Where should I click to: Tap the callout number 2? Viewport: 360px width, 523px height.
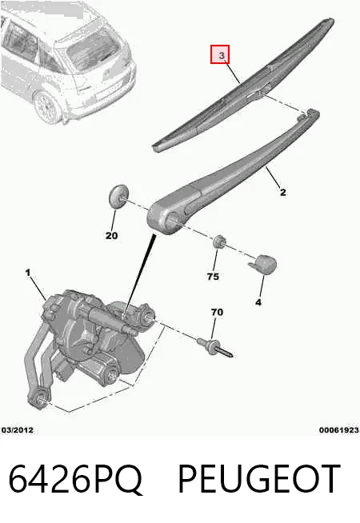(282, 193)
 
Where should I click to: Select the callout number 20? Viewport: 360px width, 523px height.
(111, 236)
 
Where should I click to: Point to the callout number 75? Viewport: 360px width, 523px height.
(213, 277)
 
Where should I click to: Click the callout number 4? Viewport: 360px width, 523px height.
(258, 302)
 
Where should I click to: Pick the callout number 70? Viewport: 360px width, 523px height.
(217, 312)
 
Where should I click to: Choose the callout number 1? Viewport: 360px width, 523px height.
(28, 273)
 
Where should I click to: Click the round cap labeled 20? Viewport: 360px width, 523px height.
(118, 196)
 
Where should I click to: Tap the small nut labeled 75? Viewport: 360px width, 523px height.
(219, 242)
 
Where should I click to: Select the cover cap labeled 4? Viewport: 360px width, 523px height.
(263, 265)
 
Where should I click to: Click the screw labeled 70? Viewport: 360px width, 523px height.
(215, 348)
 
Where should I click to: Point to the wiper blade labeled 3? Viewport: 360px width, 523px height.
(243, 85)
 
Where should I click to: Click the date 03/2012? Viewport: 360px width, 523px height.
(18, 430)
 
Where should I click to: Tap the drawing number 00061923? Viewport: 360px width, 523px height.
(339, 430)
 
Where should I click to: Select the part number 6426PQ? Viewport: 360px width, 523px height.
(75, 479)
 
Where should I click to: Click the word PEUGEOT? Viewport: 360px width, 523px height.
(259, 479)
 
